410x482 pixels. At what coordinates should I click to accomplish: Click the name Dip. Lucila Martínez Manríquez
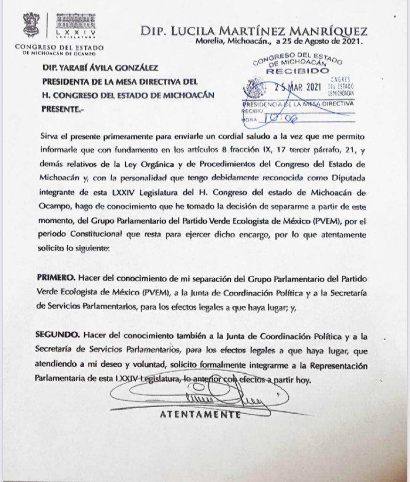point(254,32)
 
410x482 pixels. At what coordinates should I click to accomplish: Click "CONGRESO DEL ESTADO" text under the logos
point(59,47)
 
